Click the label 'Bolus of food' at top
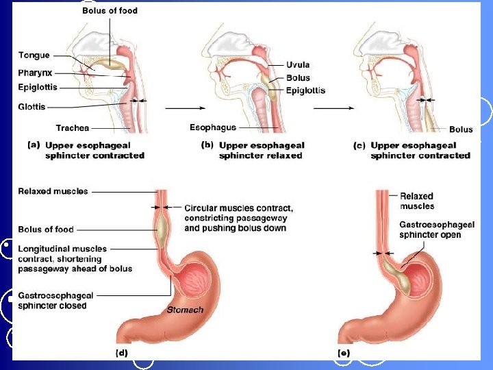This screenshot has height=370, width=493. pyautogui.click(x=109, y=10)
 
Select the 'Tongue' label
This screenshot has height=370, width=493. pyautogui.click(x=34, y=56)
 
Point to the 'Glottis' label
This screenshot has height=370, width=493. pyautogui.click(x=32, y=106)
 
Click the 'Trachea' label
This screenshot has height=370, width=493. pyautogui.click(x=72, y=127)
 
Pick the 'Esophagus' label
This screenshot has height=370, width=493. pyautogui.click(x=212, y=127)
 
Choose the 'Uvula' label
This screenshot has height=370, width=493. pyautogui.click(x=298, y=65)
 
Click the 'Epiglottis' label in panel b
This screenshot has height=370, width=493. pyautogui.click(x=305, y=90)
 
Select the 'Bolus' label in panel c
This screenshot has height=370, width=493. pyautogui.click(x=461, y=129)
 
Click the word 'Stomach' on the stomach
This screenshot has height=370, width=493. pyautogui.click(x=185, y=310)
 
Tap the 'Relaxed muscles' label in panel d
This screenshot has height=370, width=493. pyautogui.click(x=53, y=191)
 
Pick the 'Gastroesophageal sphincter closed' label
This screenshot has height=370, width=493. pyautogui.click(x=55, y=300)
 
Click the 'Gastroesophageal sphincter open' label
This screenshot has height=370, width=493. pyautogui.click(x=431, y=230)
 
